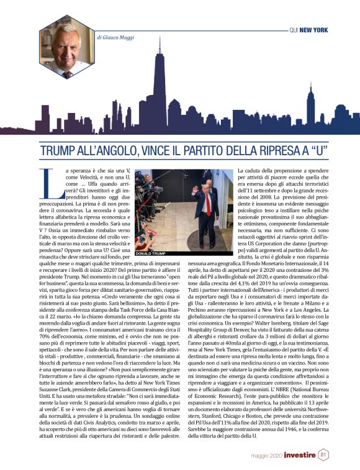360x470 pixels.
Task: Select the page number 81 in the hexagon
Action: coord(323,455)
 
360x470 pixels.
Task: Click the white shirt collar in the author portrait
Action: coord(64,70)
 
